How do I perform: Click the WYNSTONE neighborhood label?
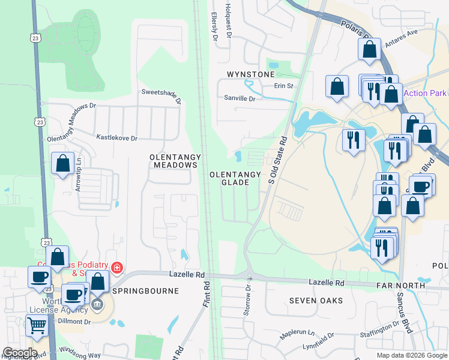250,74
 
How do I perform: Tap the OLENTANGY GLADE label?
235,178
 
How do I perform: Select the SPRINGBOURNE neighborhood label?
146,291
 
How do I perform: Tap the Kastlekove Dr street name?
117,138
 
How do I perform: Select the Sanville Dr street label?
240,98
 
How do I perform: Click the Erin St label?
283,86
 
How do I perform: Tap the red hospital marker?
118,268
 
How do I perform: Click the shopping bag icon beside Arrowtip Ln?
62,163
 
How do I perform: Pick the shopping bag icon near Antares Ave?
370,49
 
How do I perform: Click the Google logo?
20,353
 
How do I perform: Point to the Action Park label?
425,93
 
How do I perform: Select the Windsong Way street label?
81,355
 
